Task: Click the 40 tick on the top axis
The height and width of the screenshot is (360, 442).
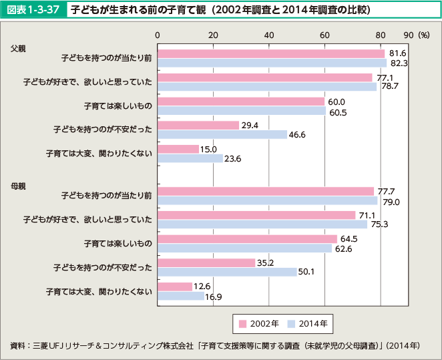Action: point(268,35)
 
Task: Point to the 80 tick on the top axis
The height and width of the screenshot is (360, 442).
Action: point(380,35)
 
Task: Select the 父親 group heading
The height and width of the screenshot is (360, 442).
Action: point(18,48)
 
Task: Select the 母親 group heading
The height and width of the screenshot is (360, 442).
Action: point(18,185)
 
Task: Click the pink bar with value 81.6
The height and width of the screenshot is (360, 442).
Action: point(271,53)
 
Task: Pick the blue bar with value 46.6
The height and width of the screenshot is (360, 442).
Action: point(222,134)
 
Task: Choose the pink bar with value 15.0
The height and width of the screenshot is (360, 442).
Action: point(178,149)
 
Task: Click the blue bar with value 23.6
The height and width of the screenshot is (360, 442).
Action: point(190,158)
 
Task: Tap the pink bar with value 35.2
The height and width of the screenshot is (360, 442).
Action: point(206,262)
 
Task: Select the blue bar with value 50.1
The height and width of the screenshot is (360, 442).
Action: point(227,272)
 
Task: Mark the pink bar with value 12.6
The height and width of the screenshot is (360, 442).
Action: point(175,287)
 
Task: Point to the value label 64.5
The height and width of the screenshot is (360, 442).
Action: point(349,238)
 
